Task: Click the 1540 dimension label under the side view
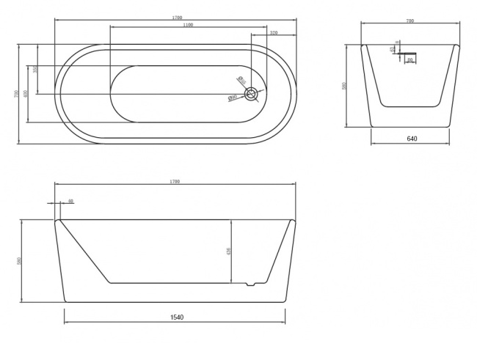tap(176, 317)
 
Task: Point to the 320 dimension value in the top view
tap(273, 33)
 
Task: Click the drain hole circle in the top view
tap(252, 94)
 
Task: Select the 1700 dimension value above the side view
tap(175, 181)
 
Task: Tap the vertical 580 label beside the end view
tap(345, 86)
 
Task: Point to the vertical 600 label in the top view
tap(26, 94)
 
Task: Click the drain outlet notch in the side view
tap(252, 284)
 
